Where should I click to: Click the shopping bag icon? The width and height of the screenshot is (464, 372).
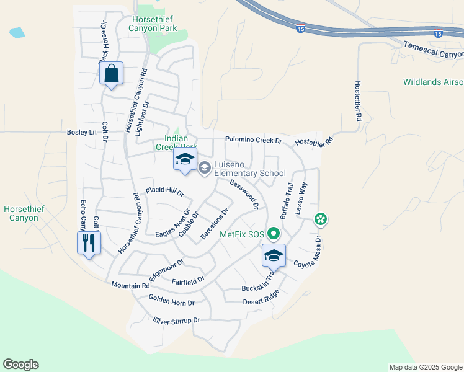(x=111, y=74)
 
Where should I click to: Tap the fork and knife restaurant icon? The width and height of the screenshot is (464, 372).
(x=88, y=242)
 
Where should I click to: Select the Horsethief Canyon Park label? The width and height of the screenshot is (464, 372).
(x=154, y=24)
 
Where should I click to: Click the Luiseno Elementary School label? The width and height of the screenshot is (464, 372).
(x=249, y=169)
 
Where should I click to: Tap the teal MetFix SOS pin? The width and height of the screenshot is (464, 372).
(x=274, y=234)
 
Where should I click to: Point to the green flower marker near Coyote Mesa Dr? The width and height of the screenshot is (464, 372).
(x=321, y=219)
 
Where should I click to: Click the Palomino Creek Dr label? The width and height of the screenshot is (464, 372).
(x=253, y=140)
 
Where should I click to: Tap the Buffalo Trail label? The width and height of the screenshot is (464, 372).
(x=285, y=201)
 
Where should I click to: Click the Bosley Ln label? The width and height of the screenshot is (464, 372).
(x=83, y=132)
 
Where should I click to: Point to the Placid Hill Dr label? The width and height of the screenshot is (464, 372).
(x=164, y=192)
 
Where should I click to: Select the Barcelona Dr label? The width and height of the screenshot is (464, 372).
(x=215, y=224)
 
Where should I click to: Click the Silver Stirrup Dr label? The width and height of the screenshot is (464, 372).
(x=177, y=321)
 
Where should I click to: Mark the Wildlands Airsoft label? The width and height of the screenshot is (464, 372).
(x=433, y=82)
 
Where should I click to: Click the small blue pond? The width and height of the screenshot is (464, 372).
(x=17, y=32)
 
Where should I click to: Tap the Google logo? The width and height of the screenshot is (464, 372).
(x=20, y=365)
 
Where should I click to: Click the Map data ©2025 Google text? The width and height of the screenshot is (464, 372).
(x=425, y=367)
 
